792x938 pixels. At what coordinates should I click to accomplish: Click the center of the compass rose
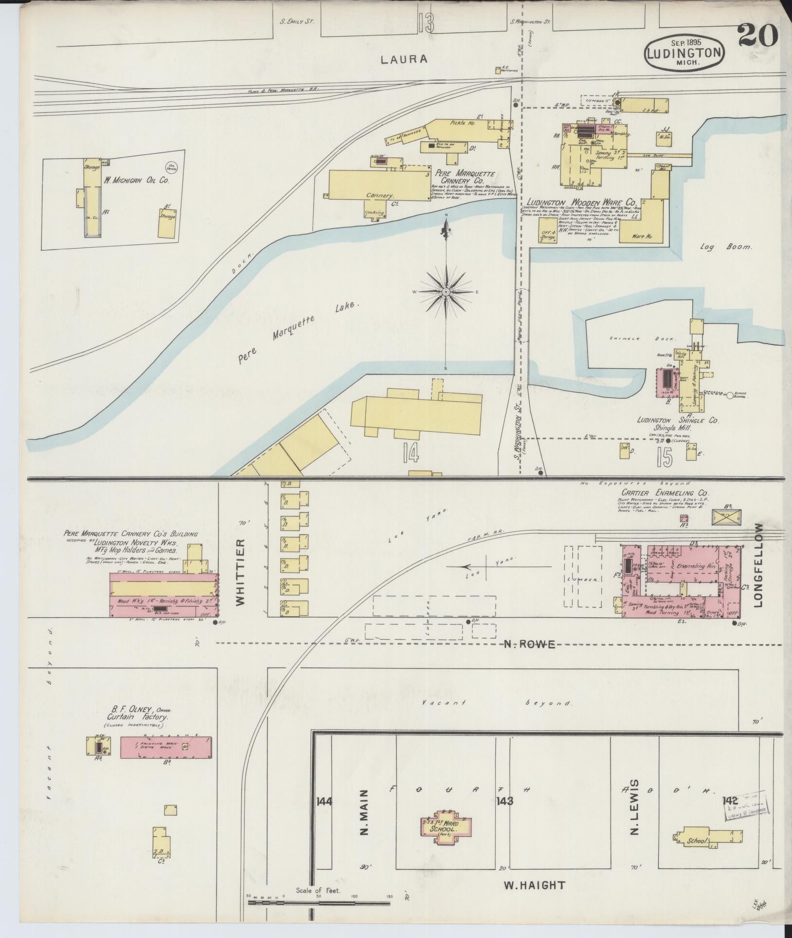pyautogui.click(x=446, y=292)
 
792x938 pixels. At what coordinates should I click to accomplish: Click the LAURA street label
pyautogui.click(x=404, y=59)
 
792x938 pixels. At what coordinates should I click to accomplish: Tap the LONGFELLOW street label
pyautogui.click(x=760, y=565)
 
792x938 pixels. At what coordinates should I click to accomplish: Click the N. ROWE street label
pyautogui.click(x=529, y=644)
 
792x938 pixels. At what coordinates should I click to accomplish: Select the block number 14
pyautogui.click(x=411, y=454)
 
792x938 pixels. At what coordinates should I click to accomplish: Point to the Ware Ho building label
pyautogui.click(x=642, y=237)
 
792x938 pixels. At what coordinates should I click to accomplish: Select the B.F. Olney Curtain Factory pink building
pyautogui.click(x=166, y=761)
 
